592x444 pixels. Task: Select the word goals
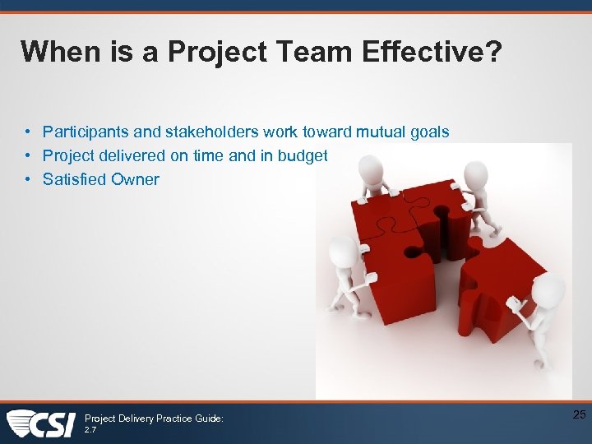[431, 132]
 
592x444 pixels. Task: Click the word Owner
[136, 179]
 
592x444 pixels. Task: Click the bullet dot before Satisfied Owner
[27, 179]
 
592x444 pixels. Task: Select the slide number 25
[579, 415]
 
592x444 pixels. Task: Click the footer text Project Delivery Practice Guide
[154, 419]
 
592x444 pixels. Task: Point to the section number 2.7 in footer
[90, 429]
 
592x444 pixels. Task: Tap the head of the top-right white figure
[476, 173]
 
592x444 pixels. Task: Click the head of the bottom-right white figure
[548, 289]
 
